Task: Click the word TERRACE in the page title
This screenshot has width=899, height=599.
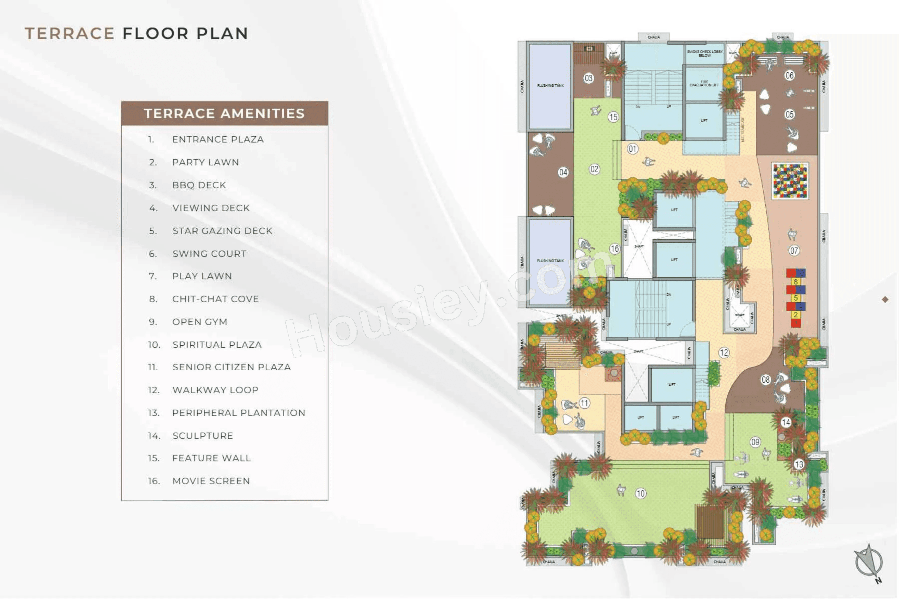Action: (x=70, y=34)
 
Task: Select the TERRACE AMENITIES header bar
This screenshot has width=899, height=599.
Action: (x=224, y=114)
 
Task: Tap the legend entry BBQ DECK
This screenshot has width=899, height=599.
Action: (x=199, y=185)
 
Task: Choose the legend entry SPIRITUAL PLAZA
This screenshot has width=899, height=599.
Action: (x=217, y=345)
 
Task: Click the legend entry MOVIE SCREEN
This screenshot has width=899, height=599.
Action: (x=211, y=481)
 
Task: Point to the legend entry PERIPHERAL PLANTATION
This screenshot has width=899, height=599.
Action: (x=238, y=413)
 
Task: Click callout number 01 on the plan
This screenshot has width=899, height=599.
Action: (x=633, y=149)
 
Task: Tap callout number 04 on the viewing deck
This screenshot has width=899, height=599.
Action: (x=563, y=172)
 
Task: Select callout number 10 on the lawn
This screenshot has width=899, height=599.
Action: (x=641, y=494)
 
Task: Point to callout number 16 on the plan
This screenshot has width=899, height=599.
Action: (x=615, y=249)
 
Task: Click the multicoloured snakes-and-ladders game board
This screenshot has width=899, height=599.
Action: (x=790, y=181)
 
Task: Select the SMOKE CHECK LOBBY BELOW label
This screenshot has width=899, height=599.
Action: (x=705, y=53)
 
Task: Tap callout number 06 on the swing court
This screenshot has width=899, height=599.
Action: (x=790, y=75)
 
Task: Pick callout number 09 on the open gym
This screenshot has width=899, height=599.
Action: (x=755, y=442)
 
